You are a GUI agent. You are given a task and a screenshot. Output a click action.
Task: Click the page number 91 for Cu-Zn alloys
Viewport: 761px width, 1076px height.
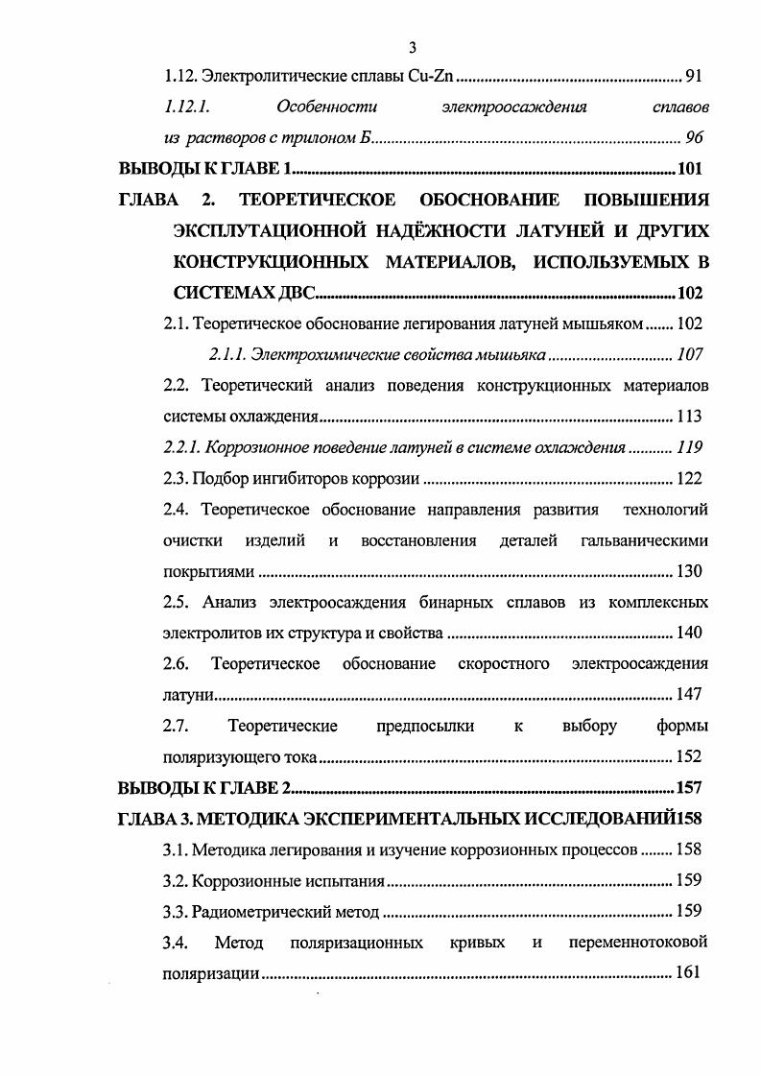(698, 76)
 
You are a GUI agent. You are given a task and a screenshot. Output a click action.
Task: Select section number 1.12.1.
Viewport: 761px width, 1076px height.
(186, 107)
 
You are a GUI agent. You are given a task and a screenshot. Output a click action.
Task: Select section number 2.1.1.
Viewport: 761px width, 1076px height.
(226, 354)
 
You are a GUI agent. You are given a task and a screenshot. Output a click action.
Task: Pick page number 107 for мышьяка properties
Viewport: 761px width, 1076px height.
(689, 354)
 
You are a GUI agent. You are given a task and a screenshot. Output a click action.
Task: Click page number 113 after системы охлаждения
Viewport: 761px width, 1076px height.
(689, 417)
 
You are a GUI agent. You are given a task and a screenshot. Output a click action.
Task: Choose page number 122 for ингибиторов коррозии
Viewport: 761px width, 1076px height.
(689, 478)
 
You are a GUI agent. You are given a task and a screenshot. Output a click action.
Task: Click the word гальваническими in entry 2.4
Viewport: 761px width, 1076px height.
(645, 540)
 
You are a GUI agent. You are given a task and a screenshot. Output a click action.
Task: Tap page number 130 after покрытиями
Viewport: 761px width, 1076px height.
(689, 571)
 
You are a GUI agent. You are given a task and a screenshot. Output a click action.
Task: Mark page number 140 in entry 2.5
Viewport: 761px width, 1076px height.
(689, 633)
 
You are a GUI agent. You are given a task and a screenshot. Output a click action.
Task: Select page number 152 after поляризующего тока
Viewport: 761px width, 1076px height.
(689, 755)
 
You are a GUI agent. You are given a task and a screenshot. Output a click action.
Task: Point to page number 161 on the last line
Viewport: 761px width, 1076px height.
(689, 972)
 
